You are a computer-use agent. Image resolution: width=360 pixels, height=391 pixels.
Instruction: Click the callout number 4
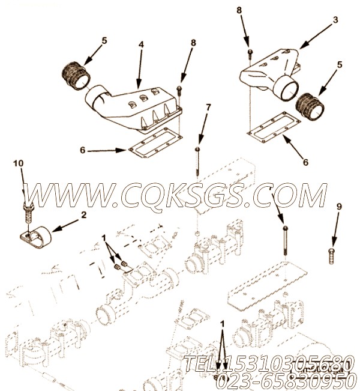[142, 46]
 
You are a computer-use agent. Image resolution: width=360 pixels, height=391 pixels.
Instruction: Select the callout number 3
[335, 20]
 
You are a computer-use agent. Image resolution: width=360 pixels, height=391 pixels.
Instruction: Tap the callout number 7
[208, 108]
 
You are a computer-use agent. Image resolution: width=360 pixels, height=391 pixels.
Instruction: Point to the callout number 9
[338, 206]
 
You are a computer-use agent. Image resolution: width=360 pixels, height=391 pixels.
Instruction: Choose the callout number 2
[83, 214]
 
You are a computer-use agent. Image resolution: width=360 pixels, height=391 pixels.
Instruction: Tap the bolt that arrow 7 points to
[197, 159]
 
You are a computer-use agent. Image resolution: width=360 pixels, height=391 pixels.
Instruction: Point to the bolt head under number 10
[26, 210]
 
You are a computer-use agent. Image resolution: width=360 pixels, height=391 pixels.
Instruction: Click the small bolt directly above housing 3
[250, 53]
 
